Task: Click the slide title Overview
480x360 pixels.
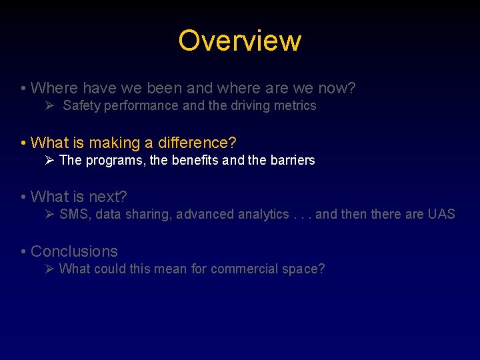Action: pos(239,41)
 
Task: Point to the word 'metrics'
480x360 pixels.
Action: pos(295,105)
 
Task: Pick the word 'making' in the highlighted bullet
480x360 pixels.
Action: pos(113,143)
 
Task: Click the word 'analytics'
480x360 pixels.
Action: pos(264,214)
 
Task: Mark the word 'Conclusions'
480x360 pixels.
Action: pos(74,251)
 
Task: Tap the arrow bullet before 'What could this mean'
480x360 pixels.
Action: pos(49,269)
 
